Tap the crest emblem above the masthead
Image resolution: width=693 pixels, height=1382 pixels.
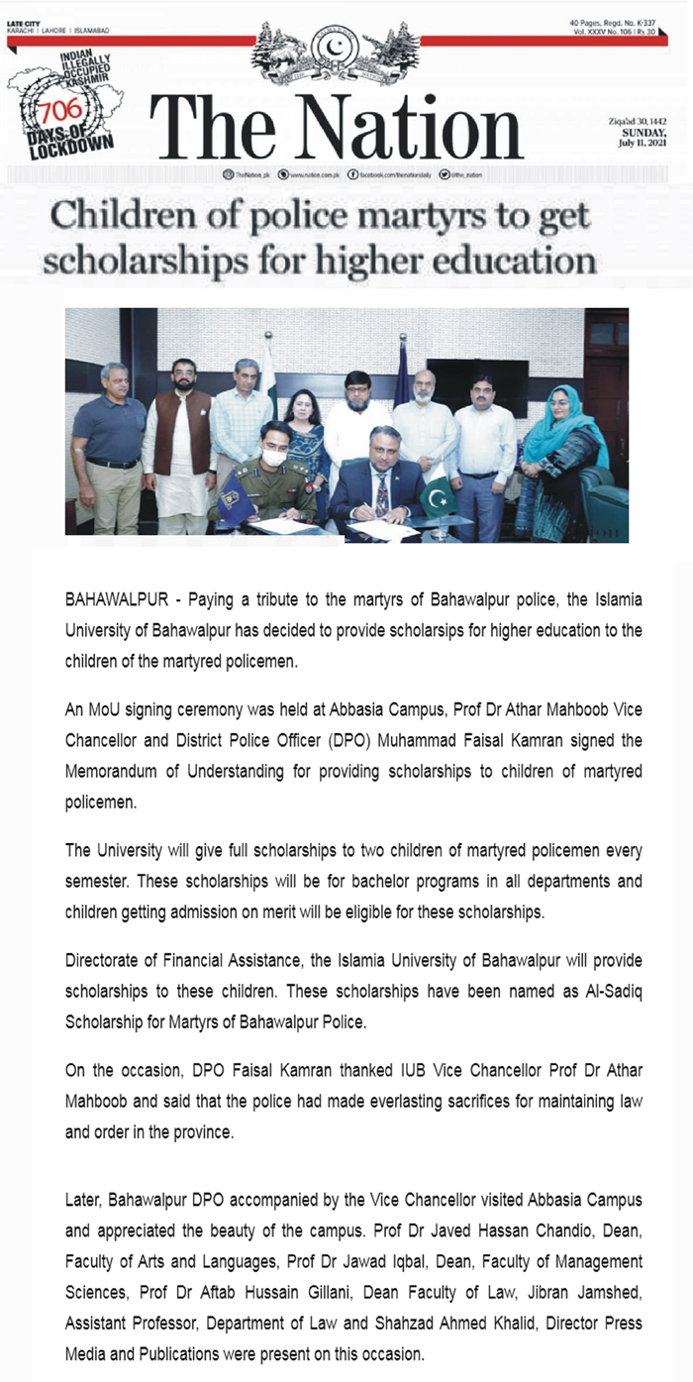337,54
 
